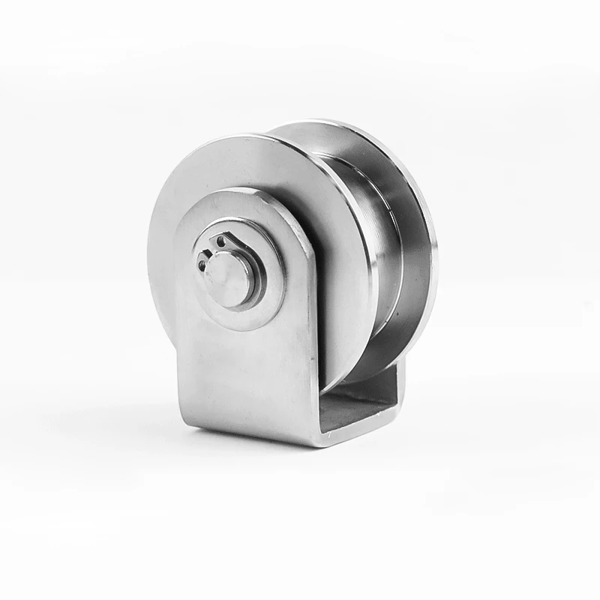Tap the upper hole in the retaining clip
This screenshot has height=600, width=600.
(x=221, y=241)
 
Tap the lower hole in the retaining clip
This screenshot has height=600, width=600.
(x=201, y=264)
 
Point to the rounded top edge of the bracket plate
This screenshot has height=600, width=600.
(x=225, y=193)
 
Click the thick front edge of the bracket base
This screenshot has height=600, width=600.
(x=360, y=435)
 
